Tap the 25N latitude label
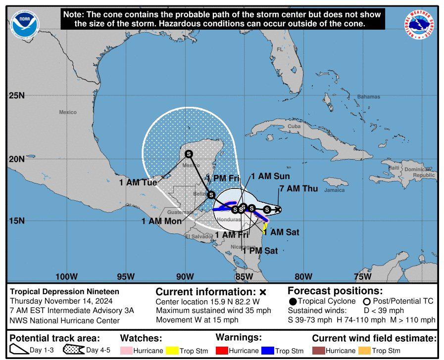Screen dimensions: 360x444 (16, 95)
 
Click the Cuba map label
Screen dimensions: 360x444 (294, 127)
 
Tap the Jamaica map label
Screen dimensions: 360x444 (334, 190)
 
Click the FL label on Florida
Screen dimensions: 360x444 (280, 49)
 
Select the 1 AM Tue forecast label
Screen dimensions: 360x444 (138, 182)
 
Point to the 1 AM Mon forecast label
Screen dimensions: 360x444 (161, 221)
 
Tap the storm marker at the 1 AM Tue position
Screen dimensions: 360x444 (189, 154)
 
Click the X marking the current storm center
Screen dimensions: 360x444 (278, 209)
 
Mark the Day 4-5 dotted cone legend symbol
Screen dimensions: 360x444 (72, 350)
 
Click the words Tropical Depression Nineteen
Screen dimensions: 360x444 (65, 292)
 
